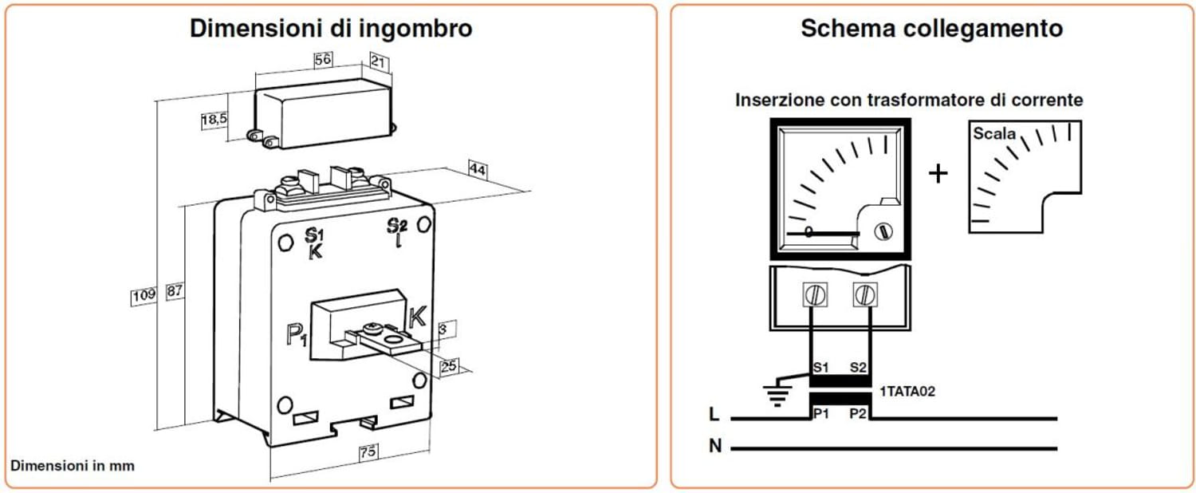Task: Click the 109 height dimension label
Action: point(144,295)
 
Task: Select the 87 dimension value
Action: point(175,292)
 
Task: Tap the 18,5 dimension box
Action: point(214,120)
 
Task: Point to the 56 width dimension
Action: point(321,60)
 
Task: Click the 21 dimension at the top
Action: point(379,61)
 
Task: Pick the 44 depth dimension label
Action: point(478,169)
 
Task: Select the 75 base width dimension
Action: point(368,452)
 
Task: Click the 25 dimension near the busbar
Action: point(449,365)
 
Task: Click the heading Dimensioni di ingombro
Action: point(331,29)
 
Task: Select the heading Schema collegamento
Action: point(931,29)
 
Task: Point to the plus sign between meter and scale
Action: point(938,173)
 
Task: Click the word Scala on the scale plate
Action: point(994,134)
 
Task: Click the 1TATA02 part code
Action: point(907,392)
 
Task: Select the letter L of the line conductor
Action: point(714,415)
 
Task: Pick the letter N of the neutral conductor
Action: point(715,447)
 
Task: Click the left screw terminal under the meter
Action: point(815,295)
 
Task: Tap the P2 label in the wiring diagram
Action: point(858,414)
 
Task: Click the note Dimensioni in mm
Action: point(73,465)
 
